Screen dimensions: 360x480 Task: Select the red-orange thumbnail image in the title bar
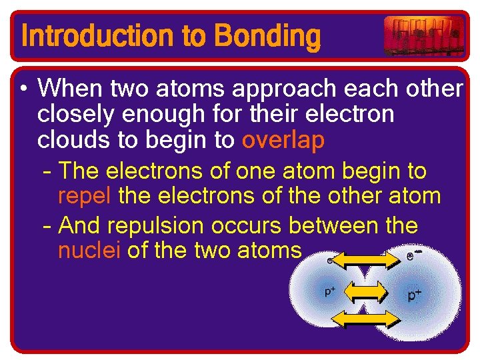[424, 35]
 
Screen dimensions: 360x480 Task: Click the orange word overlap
[283, 140]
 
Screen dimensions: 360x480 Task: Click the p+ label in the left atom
[330, 291]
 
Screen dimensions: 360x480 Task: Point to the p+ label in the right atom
[415, 295]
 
